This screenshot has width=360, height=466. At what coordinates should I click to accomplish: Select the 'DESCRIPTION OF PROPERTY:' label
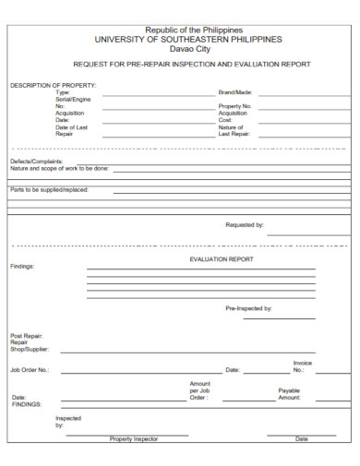53,85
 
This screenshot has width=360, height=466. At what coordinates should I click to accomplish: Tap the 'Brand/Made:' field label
235,93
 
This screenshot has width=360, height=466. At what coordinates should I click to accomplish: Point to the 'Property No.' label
235,106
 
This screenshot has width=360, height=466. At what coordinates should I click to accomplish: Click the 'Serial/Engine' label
73,100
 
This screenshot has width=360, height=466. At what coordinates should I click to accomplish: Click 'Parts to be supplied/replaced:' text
49,189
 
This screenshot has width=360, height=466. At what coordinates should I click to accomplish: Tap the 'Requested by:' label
245,224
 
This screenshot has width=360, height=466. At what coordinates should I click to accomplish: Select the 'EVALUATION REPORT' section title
221,259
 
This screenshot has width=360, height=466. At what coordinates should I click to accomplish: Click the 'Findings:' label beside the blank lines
22,266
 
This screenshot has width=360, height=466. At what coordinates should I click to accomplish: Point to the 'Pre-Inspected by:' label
248,307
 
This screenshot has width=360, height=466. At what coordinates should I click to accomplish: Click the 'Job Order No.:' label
30,370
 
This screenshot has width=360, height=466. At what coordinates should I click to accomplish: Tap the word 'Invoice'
303,363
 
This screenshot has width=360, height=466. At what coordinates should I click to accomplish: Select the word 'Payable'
289,390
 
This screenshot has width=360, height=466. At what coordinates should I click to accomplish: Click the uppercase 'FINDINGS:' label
26,404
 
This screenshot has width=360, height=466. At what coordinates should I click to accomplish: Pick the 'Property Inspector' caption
134,439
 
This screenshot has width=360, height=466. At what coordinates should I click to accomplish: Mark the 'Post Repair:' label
27,335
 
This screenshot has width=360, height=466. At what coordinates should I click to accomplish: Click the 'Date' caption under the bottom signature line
302,439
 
